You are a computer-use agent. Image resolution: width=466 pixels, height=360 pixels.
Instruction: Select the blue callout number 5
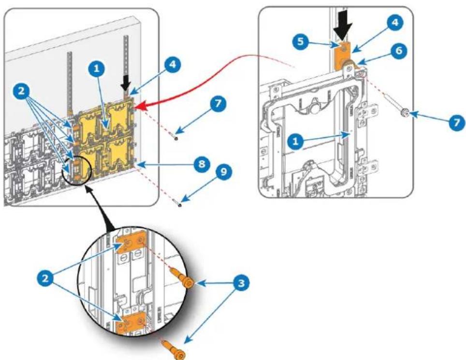tap(301, 41)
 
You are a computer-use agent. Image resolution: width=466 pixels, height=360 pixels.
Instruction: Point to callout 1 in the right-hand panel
tap(295, 142)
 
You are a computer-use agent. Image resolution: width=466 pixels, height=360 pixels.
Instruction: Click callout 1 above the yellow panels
tap(96, 69)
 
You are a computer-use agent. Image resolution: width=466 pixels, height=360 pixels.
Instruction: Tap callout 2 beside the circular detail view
tap(45, 279)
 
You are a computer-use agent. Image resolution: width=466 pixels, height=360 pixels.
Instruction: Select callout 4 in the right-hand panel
tap(395, 23)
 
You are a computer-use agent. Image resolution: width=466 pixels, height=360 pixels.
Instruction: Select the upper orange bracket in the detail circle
tap(131, 243)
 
